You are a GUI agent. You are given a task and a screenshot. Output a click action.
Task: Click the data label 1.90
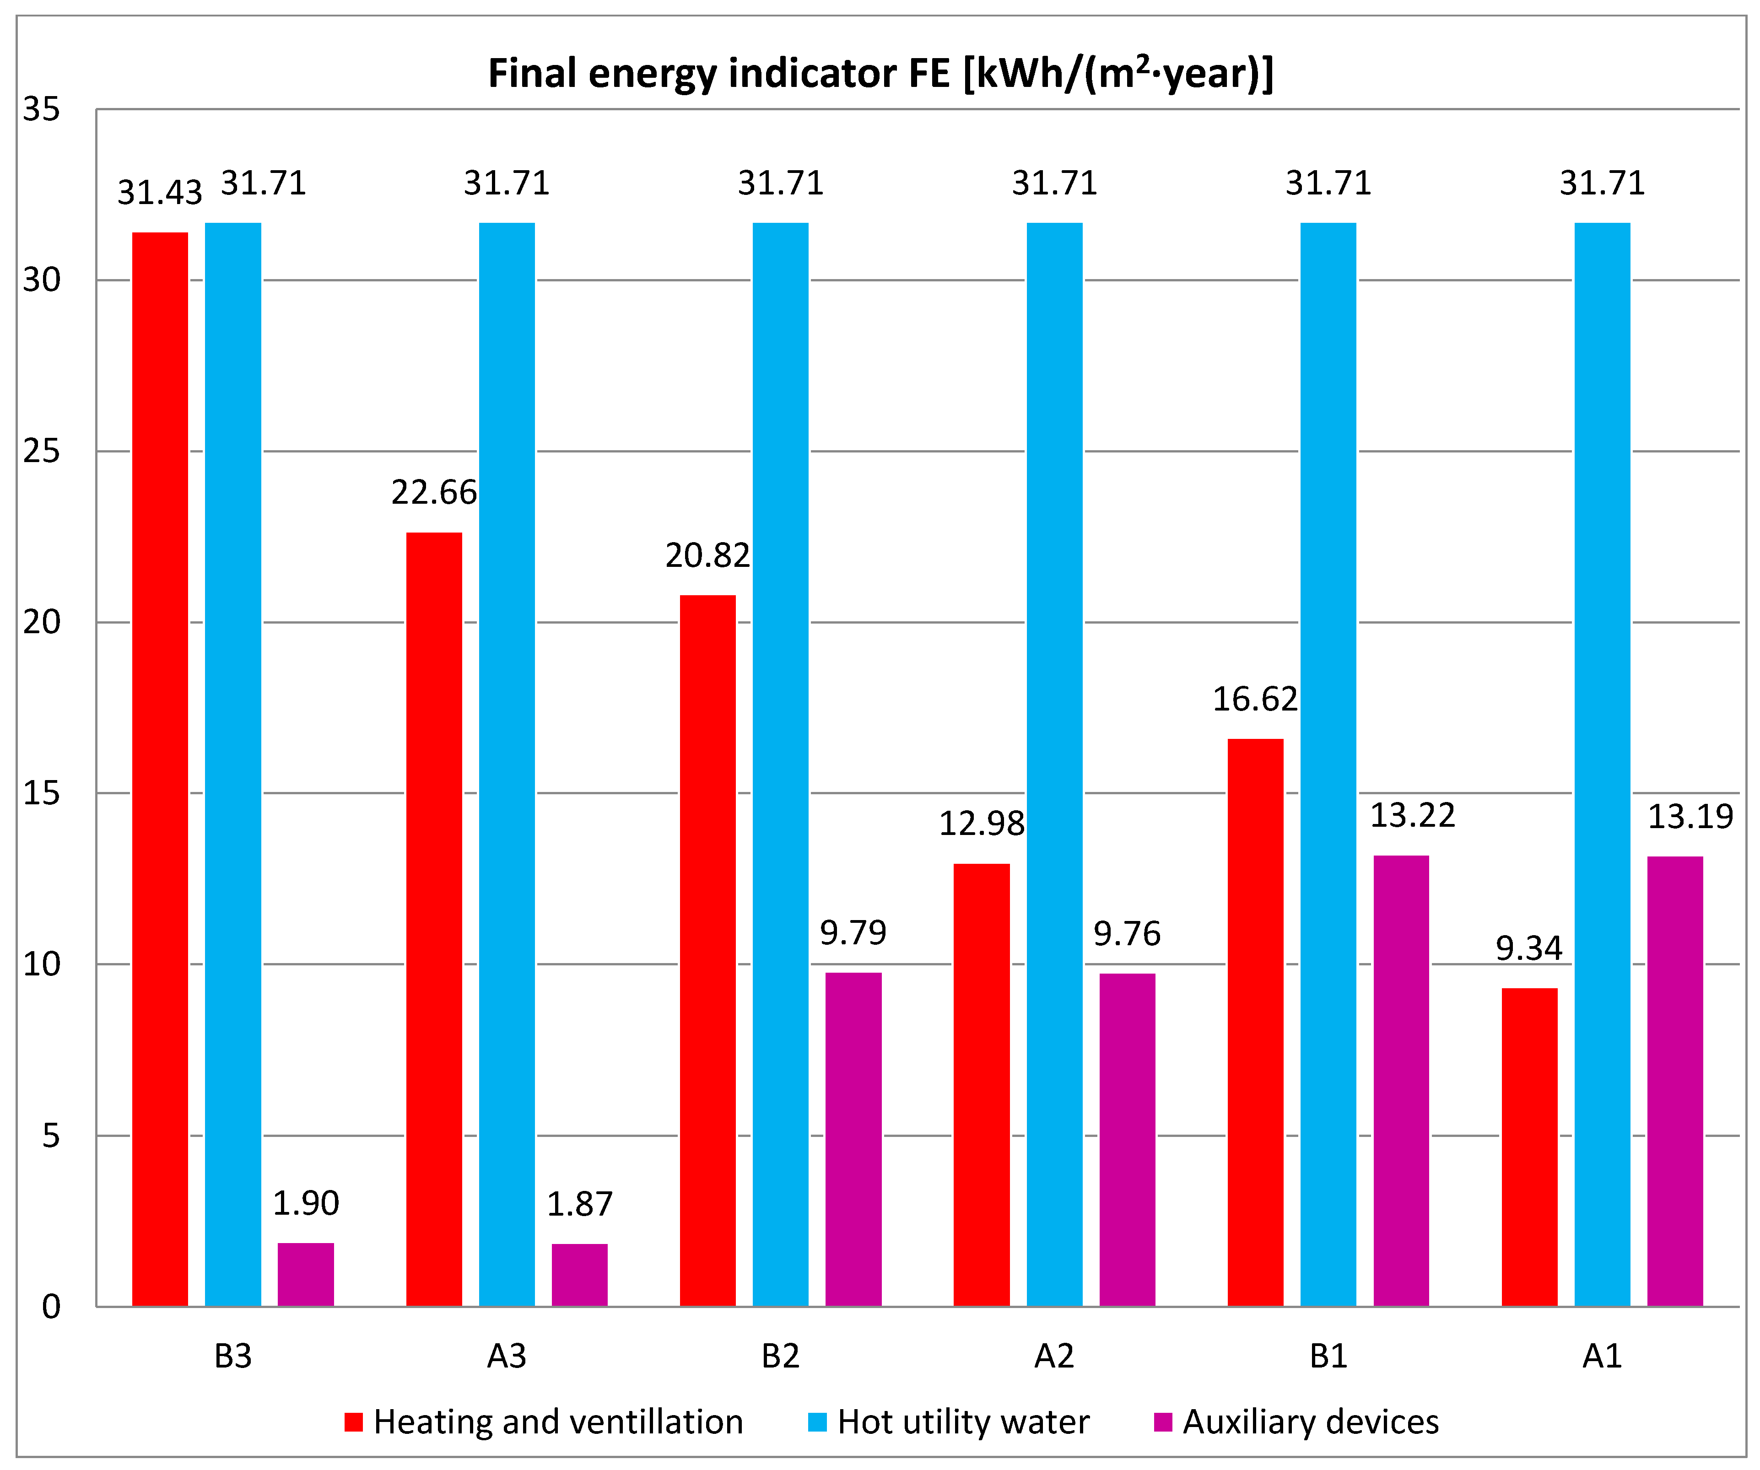tap(306, 1203)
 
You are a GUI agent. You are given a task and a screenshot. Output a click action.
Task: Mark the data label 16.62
tap(1255, 699)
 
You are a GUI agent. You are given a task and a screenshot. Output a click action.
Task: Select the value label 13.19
tap(1690, 816)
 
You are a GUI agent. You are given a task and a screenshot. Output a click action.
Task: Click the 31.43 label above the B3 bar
tap(159, 193)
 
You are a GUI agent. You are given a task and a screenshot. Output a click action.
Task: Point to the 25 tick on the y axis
tap(42, 451)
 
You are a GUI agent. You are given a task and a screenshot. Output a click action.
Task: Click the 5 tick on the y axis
tap(50, 1136)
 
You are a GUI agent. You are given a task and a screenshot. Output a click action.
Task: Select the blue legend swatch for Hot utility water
tap(817, 1422)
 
